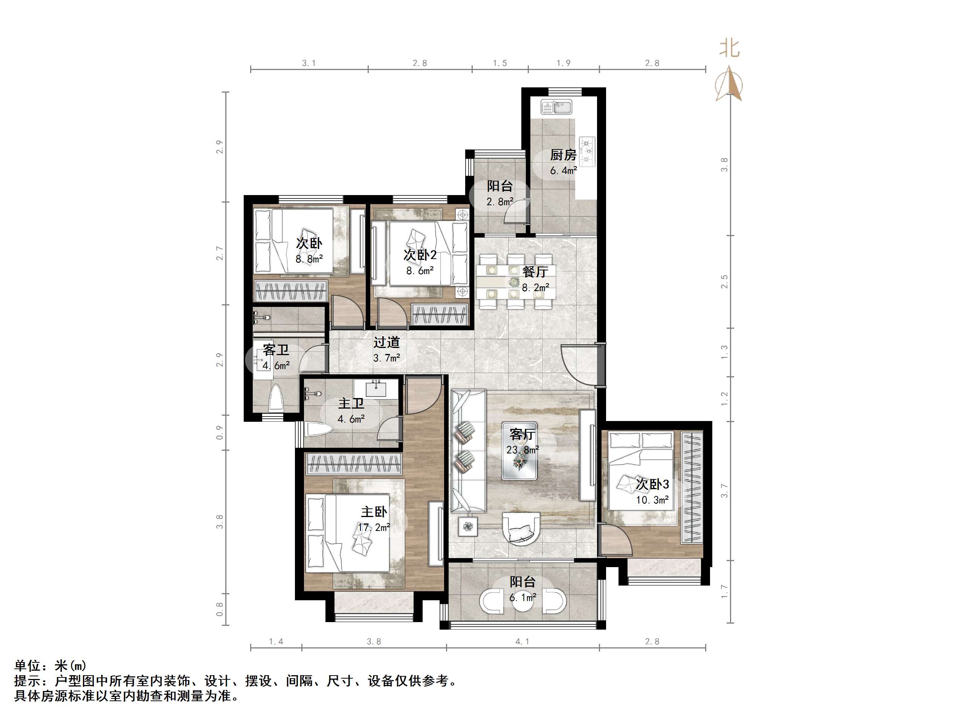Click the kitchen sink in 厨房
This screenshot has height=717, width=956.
[x=557, y=106]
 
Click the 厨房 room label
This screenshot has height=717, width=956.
[x=563, y=155]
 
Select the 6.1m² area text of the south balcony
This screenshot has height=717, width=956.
[x=522, y=598]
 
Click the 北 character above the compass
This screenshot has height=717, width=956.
[x=729, y=49]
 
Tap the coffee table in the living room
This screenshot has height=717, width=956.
[x=520, y=451]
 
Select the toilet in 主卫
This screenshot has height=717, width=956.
[x=318, y=429]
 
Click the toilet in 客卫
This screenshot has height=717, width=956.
[x=276, y=398]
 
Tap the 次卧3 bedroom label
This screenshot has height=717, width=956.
[x=652, y=484]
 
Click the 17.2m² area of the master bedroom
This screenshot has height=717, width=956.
[x=374, y=527]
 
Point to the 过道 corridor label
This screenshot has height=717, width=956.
[x=386, y=343]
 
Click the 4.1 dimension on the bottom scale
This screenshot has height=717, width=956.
[x=522, y=642]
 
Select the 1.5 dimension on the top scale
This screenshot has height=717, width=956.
[x=499, y=63]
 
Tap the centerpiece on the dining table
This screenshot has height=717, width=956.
[x=513, y=282]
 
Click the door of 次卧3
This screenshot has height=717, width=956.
[x=616, y=540]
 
